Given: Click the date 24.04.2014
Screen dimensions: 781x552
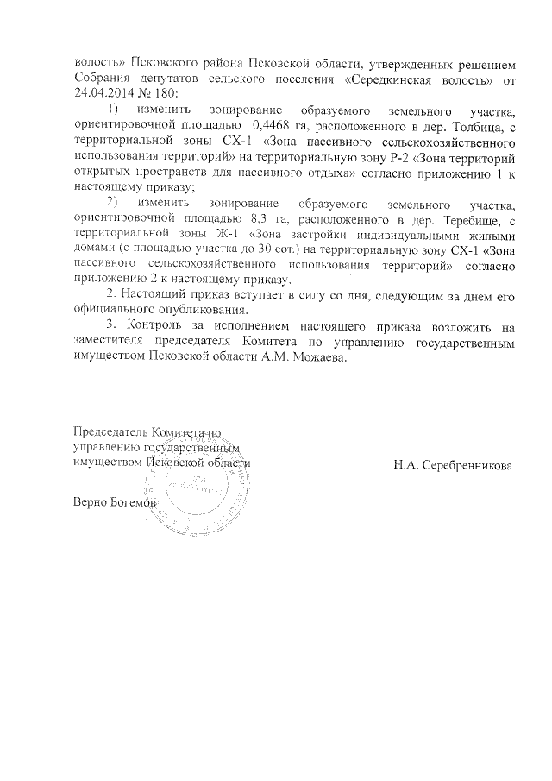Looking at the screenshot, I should [x=103, y=95].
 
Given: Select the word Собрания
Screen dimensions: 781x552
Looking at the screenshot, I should [x=102, y=79].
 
